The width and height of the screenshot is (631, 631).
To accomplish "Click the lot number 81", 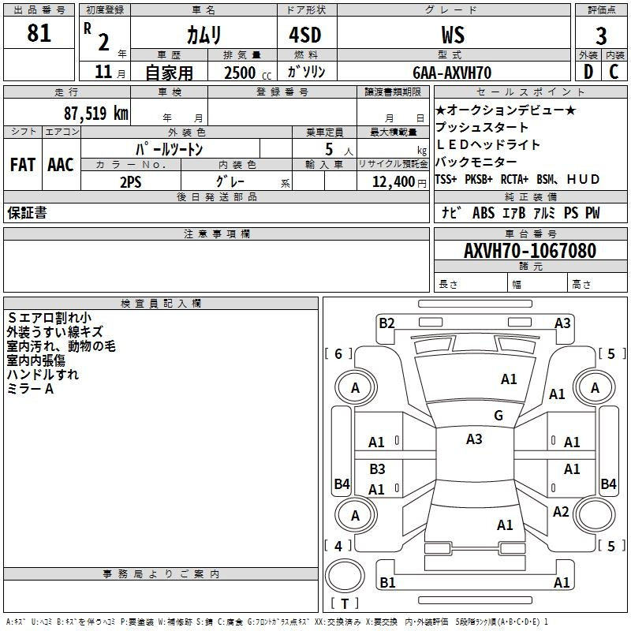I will tap(39, 33).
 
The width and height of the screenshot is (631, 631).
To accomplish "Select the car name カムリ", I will tap(203, 35).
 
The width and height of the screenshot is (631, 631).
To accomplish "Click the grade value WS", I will tap(453, 35).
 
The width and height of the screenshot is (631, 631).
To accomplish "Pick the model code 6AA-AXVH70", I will tap(452, 73).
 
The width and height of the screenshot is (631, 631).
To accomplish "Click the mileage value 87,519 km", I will tap(95, 113).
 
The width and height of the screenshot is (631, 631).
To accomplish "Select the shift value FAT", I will tap(22, 165).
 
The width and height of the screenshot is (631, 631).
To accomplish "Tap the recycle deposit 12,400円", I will tap(395, 182).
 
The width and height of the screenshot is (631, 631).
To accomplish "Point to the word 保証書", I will tap(27, 213).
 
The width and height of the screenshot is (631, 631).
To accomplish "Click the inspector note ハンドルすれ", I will tap(43, 375).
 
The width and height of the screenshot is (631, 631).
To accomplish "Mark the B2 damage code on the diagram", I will tap(386, 323).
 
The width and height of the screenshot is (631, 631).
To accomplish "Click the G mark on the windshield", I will tap(498, 416).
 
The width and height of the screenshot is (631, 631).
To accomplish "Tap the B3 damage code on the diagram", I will tap(377, 469).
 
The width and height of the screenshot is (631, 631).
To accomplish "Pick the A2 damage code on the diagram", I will tap(561, 512).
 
